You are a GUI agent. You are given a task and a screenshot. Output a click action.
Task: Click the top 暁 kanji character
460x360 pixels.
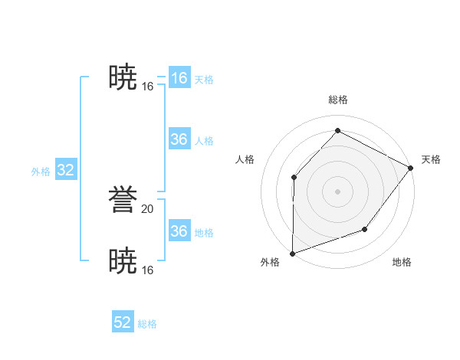pyautogui.click(x=123, y=77)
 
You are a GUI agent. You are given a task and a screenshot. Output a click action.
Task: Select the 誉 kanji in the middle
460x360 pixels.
pyautogui.click(x=123, y=200)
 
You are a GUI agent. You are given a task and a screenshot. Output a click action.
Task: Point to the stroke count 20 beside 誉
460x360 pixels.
pyautogui.click(x=148, y=208)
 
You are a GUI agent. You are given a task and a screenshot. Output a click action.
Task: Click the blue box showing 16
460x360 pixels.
pyautogui.click(x=179, y=78)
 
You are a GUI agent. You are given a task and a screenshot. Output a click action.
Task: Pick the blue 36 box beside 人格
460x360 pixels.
pyautogui.click(x=179, y=139)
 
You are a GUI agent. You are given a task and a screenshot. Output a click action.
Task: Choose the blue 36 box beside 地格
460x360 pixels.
pyautogui.click(x=179, y=231)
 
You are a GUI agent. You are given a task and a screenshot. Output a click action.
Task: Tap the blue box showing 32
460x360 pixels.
pyautogui.click(x=65, y=170)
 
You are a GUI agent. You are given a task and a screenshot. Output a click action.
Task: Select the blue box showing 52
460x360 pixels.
pyautogui.click(x=123, y=322)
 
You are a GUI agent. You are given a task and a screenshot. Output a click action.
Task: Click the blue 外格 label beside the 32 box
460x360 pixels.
pyautogui.click(x=41, y=172)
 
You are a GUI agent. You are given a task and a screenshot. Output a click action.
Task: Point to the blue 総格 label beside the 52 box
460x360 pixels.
pyautogui.click(x=147, y=324)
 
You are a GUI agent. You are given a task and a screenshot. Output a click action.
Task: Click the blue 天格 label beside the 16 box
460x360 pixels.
pyautogui.click(x=204, y=80)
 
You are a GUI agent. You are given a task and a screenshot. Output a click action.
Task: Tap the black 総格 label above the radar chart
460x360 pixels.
pyautogui.click(x=337, y=100)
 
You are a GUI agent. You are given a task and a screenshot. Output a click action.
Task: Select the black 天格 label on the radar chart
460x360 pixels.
pyautogui.click(x=431, y=159)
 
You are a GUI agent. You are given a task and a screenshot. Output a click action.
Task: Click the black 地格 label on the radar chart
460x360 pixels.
pyautogui.click(x=402, y=262)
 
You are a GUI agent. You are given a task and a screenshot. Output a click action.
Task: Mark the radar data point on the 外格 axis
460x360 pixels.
pyautogui.click(x=292, y=253)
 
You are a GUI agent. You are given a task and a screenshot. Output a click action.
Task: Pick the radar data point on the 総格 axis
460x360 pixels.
pyautogui.click(x=337, y=130)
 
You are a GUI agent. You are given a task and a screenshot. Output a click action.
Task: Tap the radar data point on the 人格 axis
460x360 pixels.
pyautogui.click(x=294, y=178)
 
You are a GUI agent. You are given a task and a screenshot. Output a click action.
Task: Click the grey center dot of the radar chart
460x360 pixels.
pyautogui.click(x=337, y=191)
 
